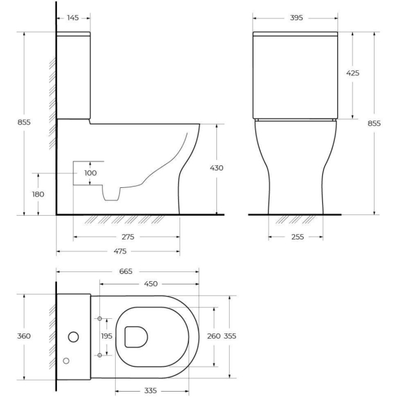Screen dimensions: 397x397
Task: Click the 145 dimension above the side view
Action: tap(73, 18)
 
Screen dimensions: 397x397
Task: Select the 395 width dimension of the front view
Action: tap(296, 18)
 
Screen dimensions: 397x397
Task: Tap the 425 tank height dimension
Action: tap(353, 73)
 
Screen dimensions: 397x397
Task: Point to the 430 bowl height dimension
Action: tap(216, 168)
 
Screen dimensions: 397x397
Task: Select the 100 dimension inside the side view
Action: tap(91, 173)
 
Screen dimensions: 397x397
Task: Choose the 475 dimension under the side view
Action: tap(119, 251)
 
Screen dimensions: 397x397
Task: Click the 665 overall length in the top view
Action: tap(126, 271)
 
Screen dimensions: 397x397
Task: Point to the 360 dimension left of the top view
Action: tap(24, 336)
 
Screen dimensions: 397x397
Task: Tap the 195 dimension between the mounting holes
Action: tap(107, 337)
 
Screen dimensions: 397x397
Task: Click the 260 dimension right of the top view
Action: tap(214, 336)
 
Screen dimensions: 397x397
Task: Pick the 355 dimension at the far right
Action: tap(230, 336)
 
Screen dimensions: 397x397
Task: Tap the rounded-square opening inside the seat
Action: tap(135, 336)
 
